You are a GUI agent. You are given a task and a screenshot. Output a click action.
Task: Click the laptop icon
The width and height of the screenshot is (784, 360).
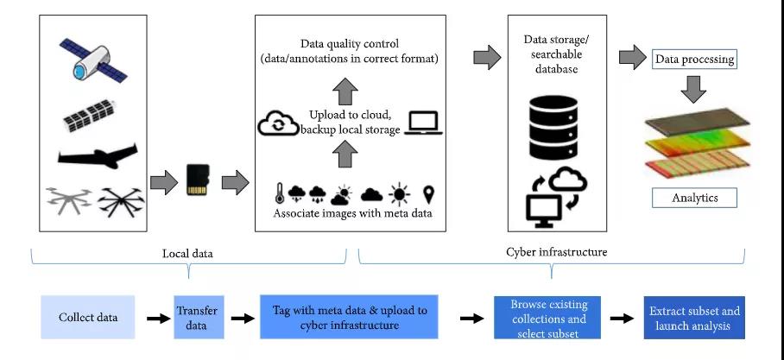pos(425,123)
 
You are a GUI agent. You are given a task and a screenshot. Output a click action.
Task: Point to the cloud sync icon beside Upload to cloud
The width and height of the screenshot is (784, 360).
pos(278,124)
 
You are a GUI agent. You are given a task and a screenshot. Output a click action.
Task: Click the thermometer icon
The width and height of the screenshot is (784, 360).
pos(280,193)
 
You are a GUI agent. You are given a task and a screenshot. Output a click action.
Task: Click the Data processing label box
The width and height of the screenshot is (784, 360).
pos(694,60)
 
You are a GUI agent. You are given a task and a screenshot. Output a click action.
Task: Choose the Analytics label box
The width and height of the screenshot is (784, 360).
pos(694,198)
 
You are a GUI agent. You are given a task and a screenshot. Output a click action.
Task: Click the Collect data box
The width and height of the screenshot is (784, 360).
pos(88,317)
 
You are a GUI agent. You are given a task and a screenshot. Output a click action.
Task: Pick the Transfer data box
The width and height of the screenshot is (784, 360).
pos(197,317)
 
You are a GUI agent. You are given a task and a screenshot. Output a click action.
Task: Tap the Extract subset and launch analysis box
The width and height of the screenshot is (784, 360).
pos(694,318)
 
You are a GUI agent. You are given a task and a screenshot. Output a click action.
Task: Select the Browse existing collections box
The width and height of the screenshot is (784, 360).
pos(550,318)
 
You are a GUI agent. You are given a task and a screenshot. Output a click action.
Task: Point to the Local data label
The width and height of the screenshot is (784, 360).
pos(188,253)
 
